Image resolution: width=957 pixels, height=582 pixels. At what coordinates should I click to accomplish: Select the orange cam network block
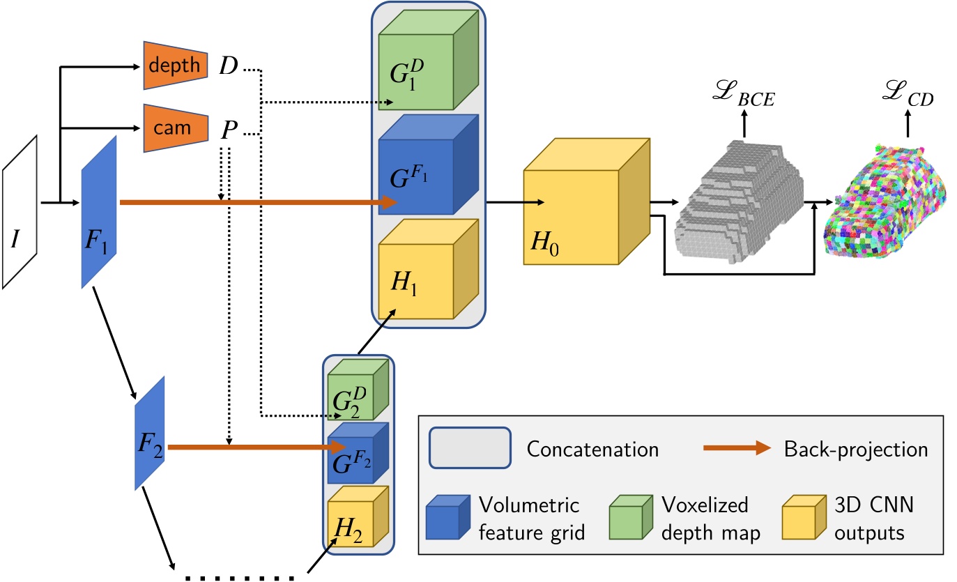click(175, 128)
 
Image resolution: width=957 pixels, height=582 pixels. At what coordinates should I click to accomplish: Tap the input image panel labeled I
click(20, 212)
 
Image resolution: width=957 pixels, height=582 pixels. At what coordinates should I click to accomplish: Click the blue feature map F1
click(98, 212)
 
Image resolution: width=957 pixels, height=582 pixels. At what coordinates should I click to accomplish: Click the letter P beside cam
click(227, 129)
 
